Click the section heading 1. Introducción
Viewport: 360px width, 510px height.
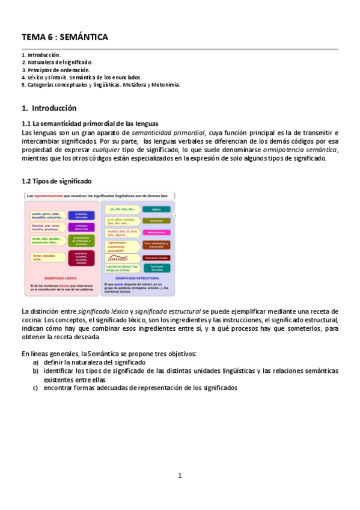coord(49,108)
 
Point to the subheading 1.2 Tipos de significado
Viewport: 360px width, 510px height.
coord(56,180)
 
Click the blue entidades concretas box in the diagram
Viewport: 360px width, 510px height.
coord(81,215)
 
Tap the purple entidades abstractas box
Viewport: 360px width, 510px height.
coord(81,228)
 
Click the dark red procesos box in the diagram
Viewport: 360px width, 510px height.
coord(81,259)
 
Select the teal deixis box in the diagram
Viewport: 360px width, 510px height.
coord(156,209)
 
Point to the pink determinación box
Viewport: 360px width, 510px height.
coord(156,232)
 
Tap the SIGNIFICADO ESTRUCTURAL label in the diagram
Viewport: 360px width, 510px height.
coord(136,278)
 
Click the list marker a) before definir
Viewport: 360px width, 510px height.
coord(36,363)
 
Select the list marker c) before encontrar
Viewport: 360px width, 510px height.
coord(36,388)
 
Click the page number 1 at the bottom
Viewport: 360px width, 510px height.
coord(180,476)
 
